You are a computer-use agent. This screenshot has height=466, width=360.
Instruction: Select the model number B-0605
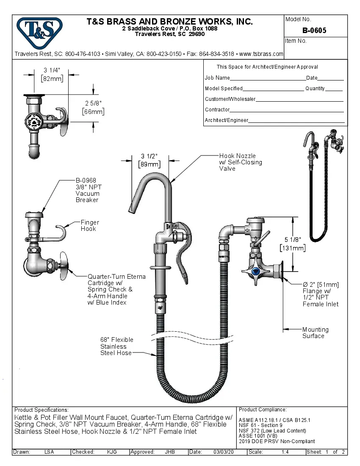click(314, 31)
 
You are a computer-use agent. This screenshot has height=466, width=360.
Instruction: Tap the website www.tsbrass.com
click(261, 54)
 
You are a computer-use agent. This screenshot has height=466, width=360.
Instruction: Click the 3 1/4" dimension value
click(52, 70)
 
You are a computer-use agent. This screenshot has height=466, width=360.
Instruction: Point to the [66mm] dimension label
click(93, 112)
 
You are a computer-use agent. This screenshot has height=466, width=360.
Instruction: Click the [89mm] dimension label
click(150, 164)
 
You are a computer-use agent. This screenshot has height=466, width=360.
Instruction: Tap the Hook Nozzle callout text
click(240, 162)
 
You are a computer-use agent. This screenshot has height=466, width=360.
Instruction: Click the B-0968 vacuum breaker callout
click(89, 190)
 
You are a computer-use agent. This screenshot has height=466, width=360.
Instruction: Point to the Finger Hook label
click(90, 225)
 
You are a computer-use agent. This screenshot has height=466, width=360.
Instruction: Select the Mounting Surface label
click(315, 333)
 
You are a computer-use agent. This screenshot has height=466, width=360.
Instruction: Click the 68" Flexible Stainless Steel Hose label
click(116, 346)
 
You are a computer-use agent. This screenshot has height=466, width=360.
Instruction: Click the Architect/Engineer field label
click(226, 120)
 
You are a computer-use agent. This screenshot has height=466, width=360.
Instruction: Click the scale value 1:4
click(285, 452)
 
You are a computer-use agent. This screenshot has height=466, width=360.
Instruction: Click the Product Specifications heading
click(42, 410)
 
